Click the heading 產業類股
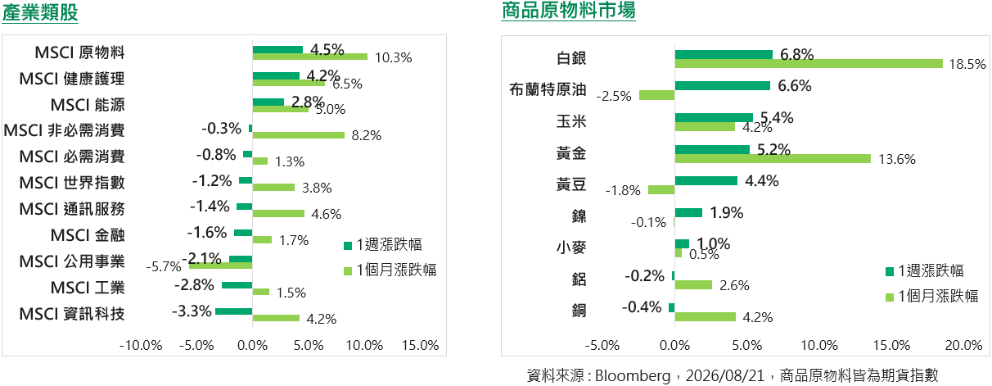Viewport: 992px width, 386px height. point(40,12)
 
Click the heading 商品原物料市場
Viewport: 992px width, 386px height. point(568,10)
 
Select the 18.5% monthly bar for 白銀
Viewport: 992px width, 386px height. point(809,64)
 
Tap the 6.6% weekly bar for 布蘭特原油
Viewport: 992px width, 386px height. point(722,85)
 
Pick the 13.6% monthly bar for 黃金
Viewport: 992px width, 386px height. point(773,158)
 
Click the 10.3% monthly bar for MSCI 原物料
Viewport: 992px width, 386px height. point(310,57)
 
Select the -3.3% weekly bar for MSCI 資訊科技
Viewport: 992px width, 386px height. point(234,311)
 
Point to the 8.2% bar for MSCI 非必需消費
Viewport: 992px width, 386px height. point(299,135)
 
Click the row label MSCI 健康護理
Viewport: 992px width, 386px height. point(72,79)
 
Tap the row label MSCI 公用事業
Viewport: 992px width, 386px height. point(72,261)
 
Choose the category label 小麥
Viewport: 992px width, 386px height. point(570,247)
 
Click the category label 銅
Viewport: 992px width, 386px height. point(579,311)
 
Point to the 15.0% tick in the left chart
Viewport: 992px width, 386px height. point(420,345)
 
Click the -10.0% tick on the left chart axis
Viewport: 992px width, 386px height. point(141,345)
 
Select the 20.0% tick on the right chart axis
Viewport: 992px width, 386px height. point(963,345)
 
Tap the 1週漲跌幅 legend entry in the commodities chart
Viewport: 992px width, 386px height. point(925,270)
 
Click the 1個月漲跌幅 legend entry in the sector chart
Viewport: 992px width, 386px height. point(390,270)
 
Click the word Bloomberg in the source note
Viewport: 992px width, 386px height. point(633,376)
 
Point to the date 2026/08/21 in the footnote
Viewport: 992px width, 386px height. point(725,376)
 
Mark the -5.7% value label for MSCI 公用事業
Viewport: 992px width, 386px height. point(164,266)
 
